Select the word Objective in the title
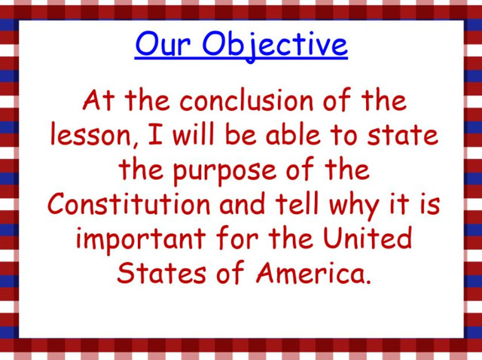pyautogui.click(x=275, y=46)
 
